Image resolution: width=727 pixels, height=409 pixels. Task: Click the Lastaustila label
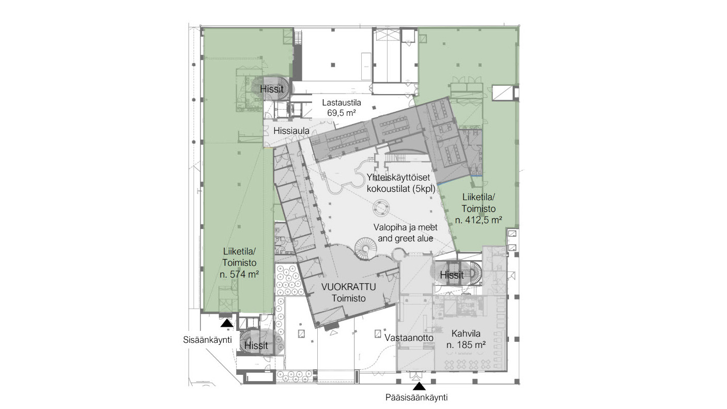[x=342, y=103]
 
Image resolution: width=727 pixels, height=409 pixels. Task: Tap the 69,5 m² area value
[x=342, y=113]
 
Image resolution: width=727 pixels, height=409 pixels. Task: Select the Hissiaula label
[x=291, y=131]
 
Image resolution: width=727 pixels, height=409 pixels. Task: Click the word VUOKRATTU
[x=349, y=287]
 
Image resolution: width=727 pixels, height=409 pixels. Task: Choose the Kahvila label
[x=466, y=334]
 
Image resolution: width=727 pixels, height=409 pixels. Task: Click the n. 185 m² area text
[x=466, y=345]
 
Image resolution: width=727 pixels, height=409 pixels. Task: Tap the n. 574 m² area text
[x=239, y=275]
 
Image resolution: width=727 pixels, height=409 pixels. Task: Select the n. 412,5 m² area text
[x=478, y=220]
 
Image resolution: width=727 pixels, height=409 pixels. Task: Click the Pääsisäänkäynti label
[x=416, y=398]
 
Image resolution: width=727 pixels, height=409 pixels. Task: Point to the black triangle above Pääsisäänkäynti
[x=419, y=386]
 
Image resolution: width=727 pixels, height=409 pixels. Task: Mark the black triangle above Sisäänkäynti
[x=227, y=323]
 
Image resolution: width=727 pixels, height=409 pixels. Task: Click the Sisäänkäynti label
[x=207, y=340]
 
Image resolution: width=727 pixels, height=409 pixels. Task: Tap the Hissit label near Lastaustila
[x=272, y=89]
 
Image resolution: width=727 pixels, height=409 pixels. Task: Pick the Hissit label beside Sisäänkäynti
[x=256, y=345]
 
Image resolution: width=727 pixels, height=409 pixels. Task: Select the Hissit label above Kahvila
[x=452, y=275]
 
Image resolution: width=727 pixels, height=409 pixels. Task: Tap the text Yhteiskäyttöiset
[x=398, y=177]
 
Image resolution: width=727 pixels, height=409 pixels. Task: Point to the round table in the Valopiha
[x=380, y=208]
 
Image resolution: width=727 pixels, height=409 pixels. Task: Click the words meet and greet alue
[x=406, y=233]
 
